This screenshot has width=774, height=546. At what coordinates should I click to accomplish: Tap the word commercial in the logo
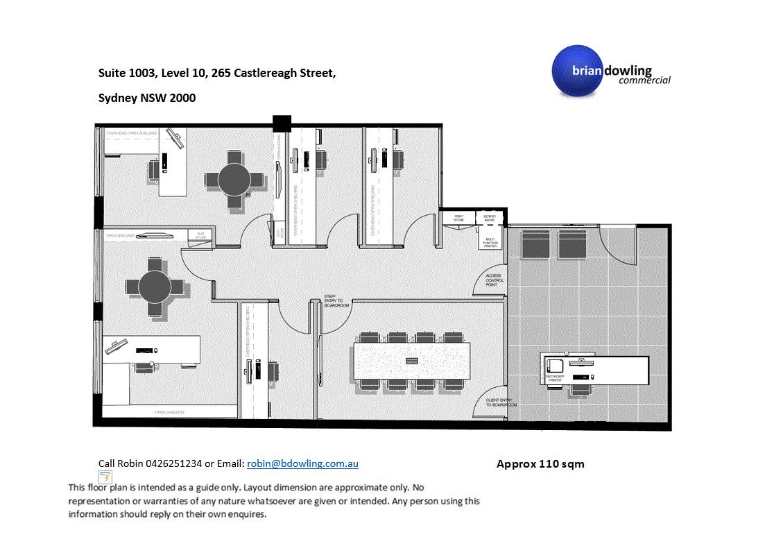click(644, 80)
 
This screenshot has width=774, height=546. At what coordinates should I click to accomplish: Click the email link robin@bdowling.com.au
click(302, 463)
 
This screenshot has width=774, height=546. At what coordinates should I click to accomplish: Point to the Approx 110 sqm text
click(540, 464)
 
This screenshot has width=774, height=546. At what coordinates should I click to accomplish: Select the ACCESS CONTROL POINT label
click(493, 280)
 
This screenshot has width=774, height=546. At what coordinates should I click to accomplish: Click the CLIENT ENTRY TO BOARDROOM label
click(498, 402)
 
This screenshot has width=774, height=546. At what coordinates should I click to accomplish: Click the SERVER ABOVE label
click(489, 218)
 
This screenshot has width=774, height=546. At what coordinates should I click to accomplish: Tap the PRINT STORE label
click(458, 218)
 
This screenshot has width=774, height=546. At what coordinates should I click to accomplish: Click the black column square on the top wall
click(281, 123)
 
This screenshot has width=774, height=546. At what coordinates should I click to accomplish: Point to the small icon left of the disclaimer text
click(104, 477)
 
